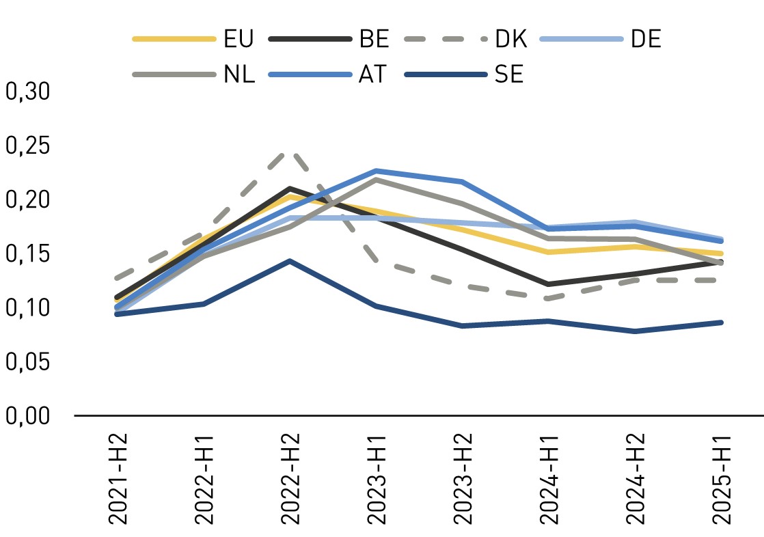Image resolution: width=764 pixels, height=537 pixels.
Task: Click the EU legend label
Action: tap(238, 39)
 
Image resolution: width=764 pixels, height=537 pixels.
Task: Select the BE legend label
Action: tap(374, 39)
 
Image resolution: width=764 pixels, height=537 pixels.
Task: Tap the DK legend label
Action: tap(510, 39)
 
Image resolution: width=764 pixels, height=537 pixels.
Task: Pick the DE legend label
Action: tap(646, 39)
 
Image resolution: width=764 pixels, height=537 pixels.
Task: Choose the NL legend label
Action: tap(239, 74)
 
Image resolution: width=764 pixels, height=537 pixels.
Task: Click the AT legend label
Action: tap(372, 74)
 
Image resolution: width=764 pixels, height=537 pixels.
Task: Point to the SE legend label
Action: tap(509, 74)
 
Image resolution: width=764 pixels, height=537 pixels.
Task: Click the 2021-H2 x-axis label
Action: tap(120, 477)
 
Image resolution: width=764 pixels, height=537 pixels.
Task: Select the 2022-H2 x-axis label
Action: tap(290, 477)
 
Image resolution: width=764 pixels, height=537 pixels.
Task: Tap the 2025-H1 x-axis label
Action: tap(720, 477)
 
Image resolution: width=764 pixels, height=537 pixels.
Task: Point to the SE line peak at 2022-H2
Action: tap(290, 261)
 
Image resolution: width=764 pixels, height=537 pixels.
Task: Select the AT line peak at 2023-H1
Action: tap(376, 170)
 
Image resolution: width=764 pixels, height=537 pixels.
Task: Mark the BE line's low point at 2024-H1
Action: tap(548, 284)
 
